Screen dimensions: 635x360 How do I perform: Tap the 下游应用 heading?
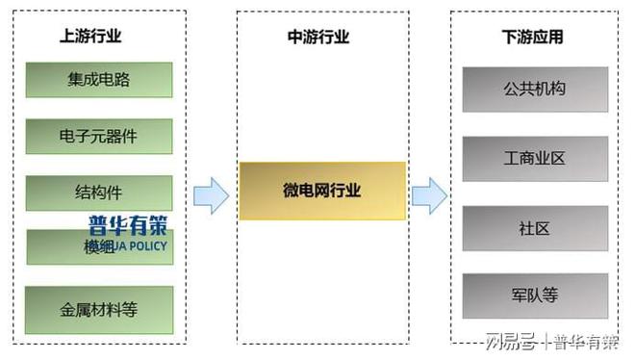pyautogui.click(x=532, y=38)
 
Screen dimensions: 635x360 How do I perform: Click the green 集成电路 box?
pyautogui.click(x=98, y=80)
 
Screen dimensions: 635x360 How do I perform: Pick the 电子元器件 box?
pyautogui.click(x=98, y=136)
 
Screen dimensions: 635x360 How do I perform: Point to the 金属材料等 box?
pyautogui.click(x=98, y=310)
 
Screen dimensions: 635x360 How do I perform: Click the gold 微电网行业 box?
pyautogui.click(x=321, y=191)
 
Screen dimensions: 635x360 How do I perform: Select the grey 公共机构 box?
pyautogui.click(x=534, y=90)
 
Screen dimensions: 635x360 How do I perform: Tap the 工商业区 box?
pyautogui.click(x=534, y=158)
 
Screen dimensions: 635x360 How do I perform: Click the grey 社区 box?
pyautogui.click(x=534, y=228)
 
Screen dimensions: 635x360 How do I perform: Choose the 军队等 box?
pyautogui.click(x=534, y=296)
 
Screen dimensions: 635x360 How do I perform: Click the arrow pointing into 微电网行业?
pyautogui.click(x=211, y=195)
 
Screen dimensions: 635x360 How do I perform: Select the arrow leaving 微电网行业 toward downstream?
pyautogui.click(x=428, y=195)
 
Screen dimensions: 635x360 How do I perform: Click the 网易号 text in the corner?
pyautogui.click(x=509, y=341)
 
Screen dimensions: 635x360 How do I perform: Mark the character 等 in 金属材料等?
pyautogui.click(x=130, y=310)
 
